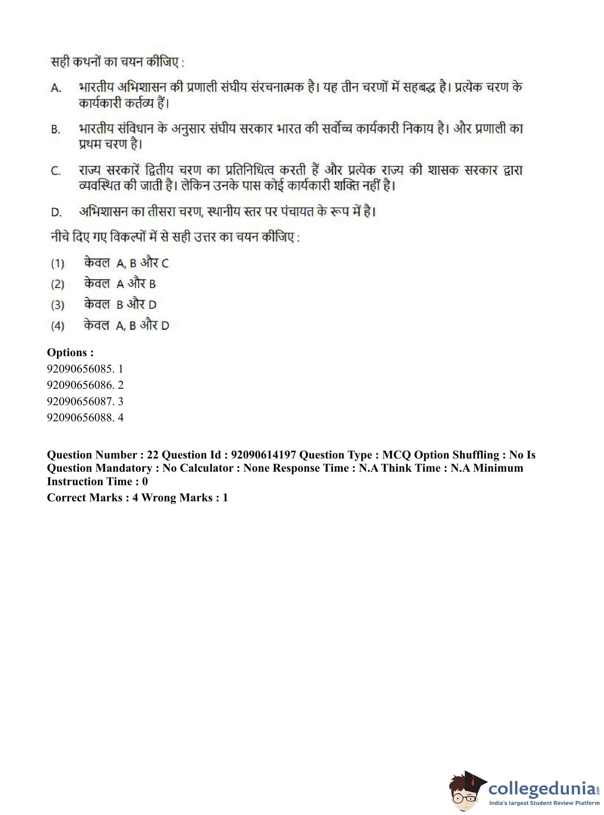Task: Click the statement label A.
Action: (x=56, y=88)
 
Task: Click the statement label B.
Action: (x=56, y=129)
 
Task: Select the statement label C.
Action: (x=56, y=171)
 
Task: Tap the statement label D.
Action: (x=56, y=212)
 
